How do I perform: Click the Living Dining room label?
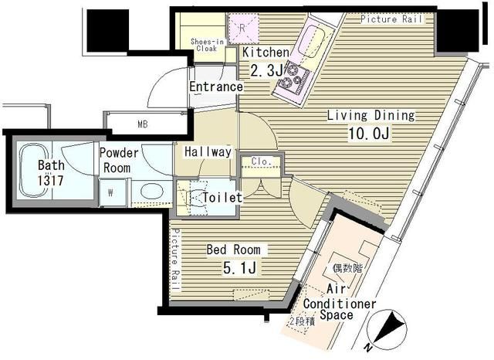pos(370,116)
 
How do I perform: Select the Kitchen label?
pos(266,53)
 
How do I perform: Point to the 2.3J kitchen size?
pos(265,70)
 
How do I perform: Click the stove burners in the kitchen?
pos(294,78)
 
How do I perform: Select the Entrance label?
pos(216,87)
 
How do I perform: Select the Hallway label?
pos(207,152)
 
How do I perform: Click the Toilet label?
pos(222,198)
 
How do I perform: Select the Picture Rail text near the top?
pos(392,19)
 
